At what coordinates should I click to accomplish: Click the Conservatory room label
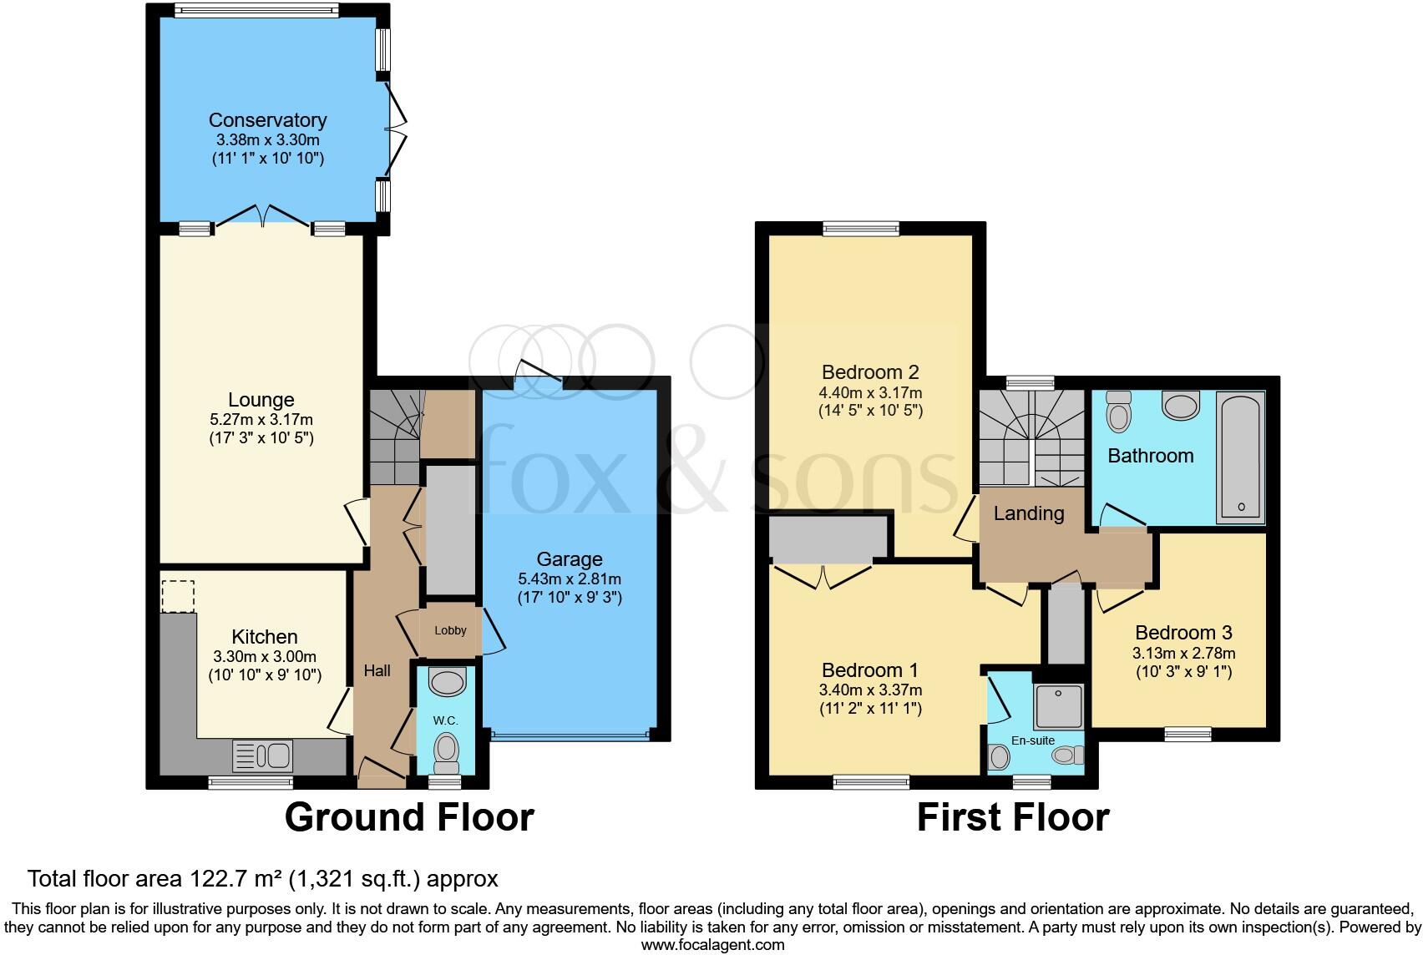(267, 120)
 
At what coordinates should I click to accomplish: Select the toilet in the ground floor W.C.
(448, 750)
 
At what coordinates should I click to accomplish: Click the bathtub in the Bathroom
(1241, 457)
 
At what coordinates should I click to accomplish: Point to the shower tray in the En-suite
(1058, 706)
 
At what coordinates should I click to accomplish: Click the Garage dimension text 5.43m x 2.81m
(569, 579)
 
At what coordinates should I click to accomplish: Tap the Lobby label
(450, 630)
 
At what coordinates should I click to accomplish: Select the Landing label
(1028, 513)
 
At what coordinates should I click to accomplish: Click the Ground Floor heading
(409, 816)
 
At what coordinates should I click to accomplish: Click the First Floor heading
(1012, 816)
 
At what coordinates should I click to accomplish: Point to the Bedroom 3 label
(1183, 633)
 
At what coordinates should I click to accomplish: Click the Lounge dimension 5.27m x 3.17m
(261, 419)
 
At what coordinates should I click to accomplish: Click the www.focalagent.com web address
(712, 945)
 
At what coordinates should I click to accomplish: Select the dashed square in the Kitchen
(178, 596)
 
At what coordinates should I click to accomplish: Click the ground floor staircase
(393, 437)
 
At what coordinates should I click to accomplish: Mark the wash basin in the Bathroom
(1180, 407)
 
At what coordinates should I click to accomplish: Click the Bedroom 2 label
(870, 372)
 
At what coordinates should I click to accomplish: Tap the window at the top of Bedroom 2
(860, 228)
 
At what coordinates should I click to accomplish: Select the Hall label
(377, 670)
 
